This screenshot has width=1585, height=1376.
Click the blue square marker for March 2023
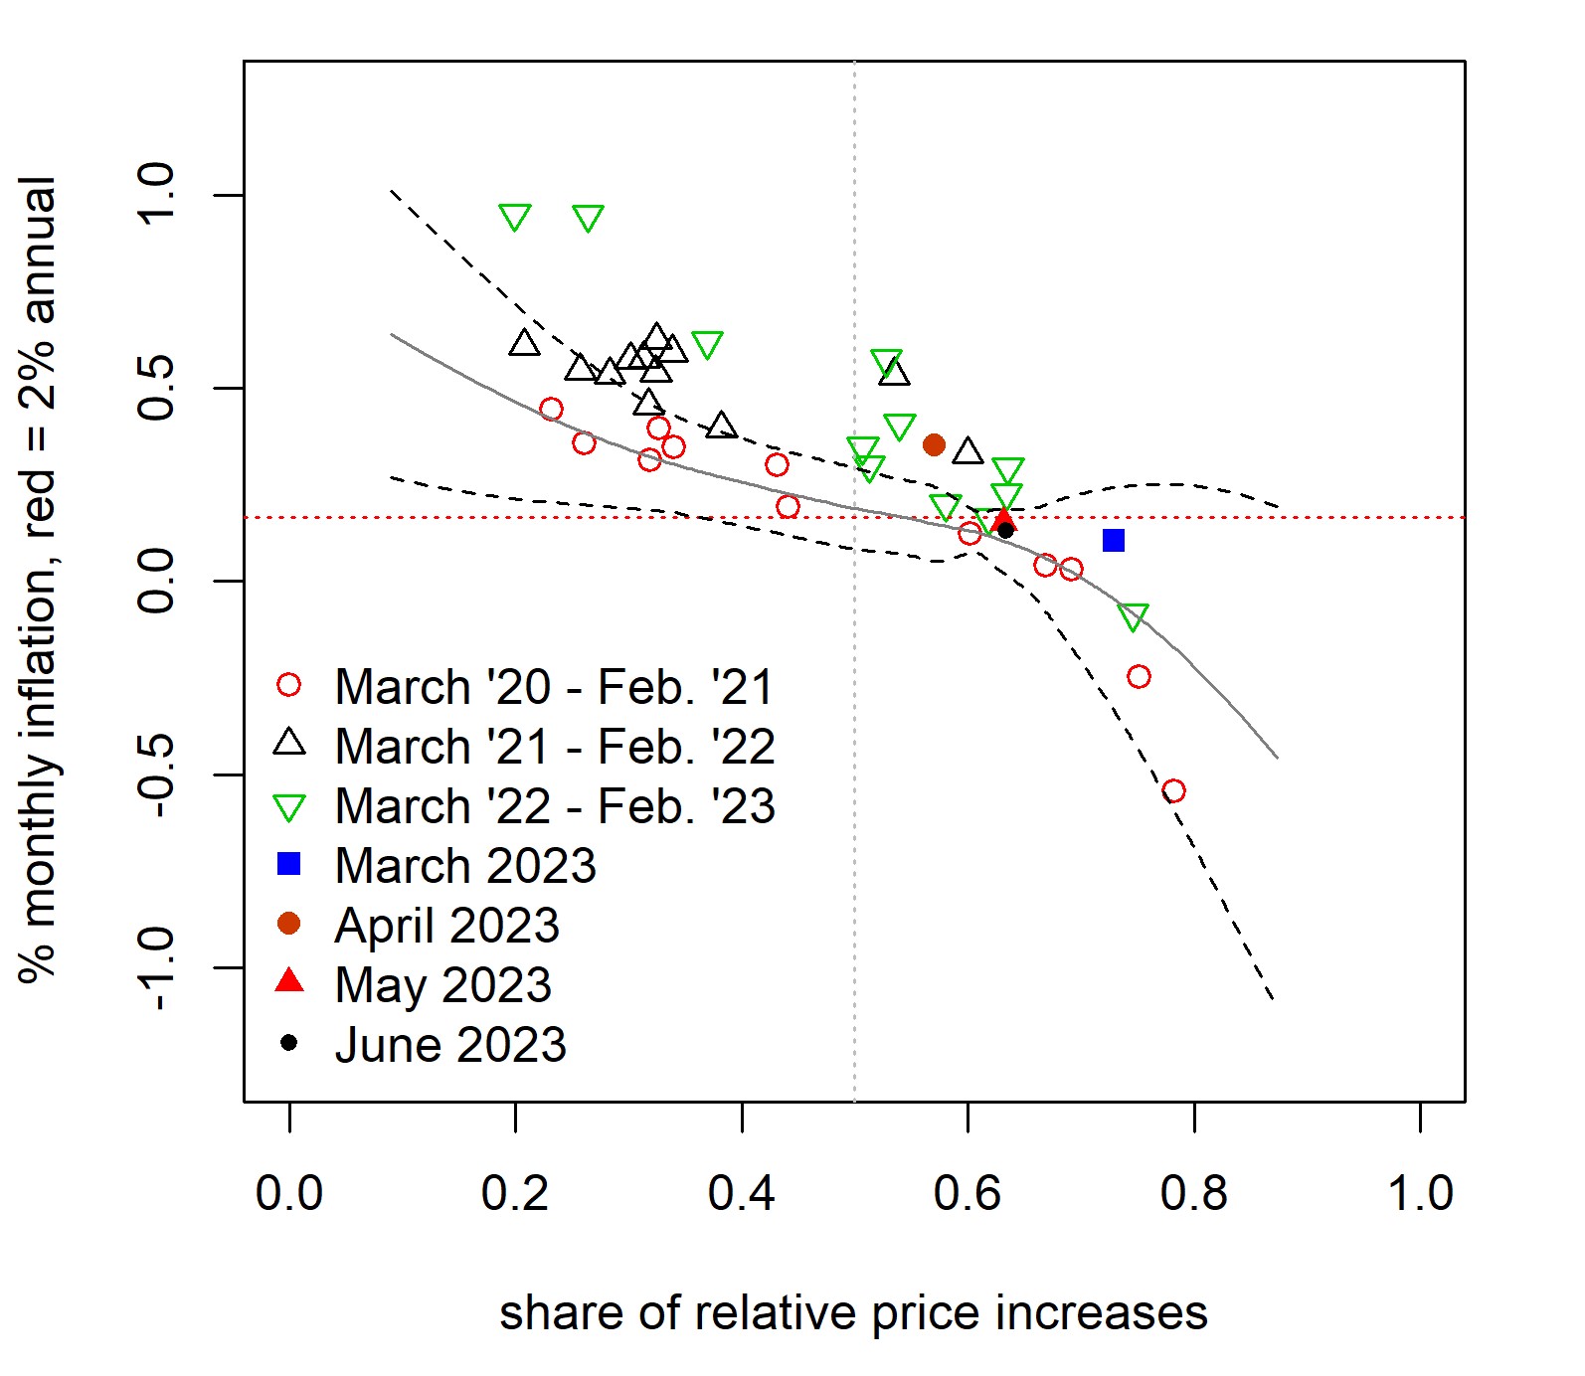pos(1114,541)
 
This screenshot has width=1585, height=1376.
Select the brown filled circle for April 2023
pos(934,444)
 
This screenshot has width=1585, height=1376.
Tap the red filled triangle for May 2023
pos(1002,519)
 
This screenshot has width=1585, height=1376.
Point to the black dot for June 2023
pos(1005,530)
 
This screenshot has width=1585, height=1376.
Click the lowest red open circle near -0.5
pos(1173,791)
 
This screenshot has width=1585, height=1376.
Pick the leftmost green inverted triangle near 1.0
pos(514,217)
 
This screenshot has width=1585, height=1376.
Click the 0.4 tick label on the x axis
pos(741,1192)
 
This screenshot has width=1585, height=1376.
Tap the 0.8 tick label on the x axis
pos(1193,1192)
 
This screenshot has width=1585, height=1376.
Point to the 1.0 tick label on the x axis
pos(1420,1192)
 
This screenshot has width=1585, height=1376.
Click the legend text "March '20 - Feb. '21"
pos(554,687)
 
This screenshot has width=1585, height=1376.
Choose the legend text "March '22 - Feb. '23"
pos(555,806)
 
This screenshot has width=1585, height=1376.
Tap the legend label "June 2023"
pos(450,1045)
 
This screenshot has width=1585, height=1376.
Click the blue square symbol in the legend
pos(288,864)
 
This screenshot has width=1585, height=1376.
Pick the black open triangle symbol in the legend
pos(289,743)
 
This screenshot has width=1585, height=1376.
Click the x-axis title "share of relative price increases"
pos(853,1312)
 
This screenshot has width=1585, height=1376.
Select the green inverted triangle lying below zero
pos(1133,616)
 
